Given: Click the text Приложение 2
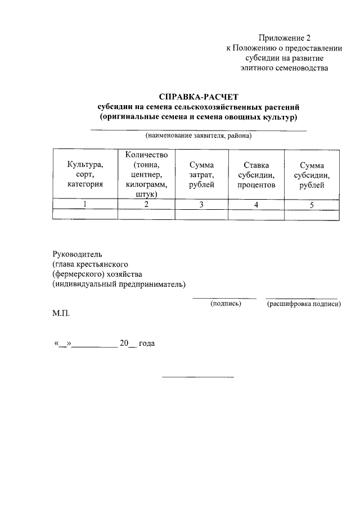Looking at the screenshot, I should [x=285, y=38].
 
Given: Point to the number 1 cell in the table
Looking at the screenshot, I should [x=85, y=204].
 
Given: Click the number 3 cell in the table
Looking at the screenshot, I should [x=201, y=204].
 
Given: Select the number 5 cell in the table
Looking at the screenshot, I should [x=311, y=204].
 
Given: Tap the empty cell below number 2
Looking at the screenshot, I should [x=146, y=214].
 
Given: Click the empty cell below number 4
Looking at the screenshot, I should [x=256, y=214].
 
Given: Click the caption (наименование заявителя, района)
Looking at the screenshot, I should [x=199, y=136].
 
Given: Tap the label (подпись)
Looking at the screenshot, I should [x=226, y=303].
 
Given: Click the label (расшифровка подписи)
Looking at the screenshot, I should [x=304, y=303].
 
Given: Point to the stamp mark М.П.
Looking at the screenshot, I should [x=61, y=312].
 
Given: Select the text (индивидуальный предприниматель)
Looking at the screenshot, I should [x=119, y=284].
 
